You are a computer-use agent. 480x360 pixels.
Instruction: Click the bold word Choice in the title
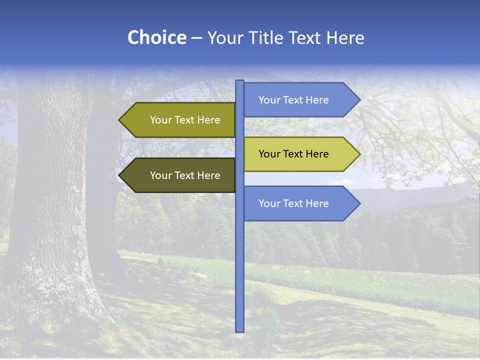pyautogui.click(x=156, y=37)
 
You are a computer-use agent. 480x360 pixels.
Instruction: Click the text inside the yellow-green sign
pyautogui.click(x=293, y=154)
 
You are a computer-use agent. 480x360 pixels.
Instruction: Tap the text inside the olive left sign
pyautogui.click(x=185, y=120)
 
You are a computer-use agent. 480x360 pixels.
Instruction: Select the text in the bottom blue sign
pyautogui.click(x=293, y=203)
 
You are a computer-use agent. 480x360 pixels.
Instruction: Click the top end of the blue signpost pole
pyautogui.click(x=239, y=82)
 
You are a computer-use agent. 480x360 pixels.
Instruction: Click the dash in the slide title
pyautogui.click(x=196, y=38)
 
